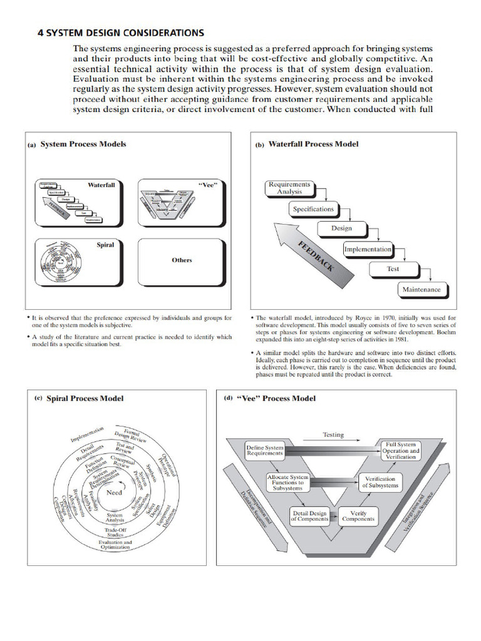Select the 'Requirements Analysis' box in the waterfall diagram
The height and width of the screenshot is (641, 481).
coord(289,188)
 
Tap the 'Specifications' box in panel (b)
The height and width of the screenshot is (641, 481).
coord(313,209)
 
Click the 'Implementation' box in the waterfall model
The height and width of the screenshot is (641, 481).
coord(368,249)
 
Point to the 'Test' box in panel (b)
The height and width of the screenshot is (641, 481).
coord(393,269)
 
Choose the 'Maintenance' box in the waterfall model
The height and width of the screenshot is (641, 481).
coord(421,289)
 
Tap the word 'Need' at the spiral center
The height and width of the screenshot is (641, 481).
coord(115,493)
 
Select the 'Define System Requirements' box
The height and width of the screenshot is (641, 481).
coord(265,451)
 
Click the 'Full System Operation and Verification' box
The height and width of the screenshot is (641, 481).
coord(401,451)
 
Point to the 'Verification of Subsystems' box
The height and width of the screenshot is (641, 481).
coord(380,483)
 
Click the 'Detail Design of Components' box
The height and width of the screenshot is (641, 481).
coord(310,516)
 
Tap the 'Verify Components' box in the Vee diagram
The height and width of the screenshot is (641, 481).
coord(358,516)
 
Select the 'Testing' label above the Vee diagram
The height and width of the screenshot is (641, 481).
coord(333,434)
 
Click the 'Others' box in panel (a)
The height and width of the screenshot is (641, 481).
coord(182,260)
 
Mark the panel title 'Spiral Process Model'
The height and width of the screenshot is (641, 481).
coord(85,398)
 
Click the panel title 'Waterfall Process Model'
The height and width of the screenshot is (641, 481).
coord(313,144)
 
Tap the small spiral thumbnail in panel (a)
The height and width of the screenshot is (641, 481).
coord(60,264)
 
